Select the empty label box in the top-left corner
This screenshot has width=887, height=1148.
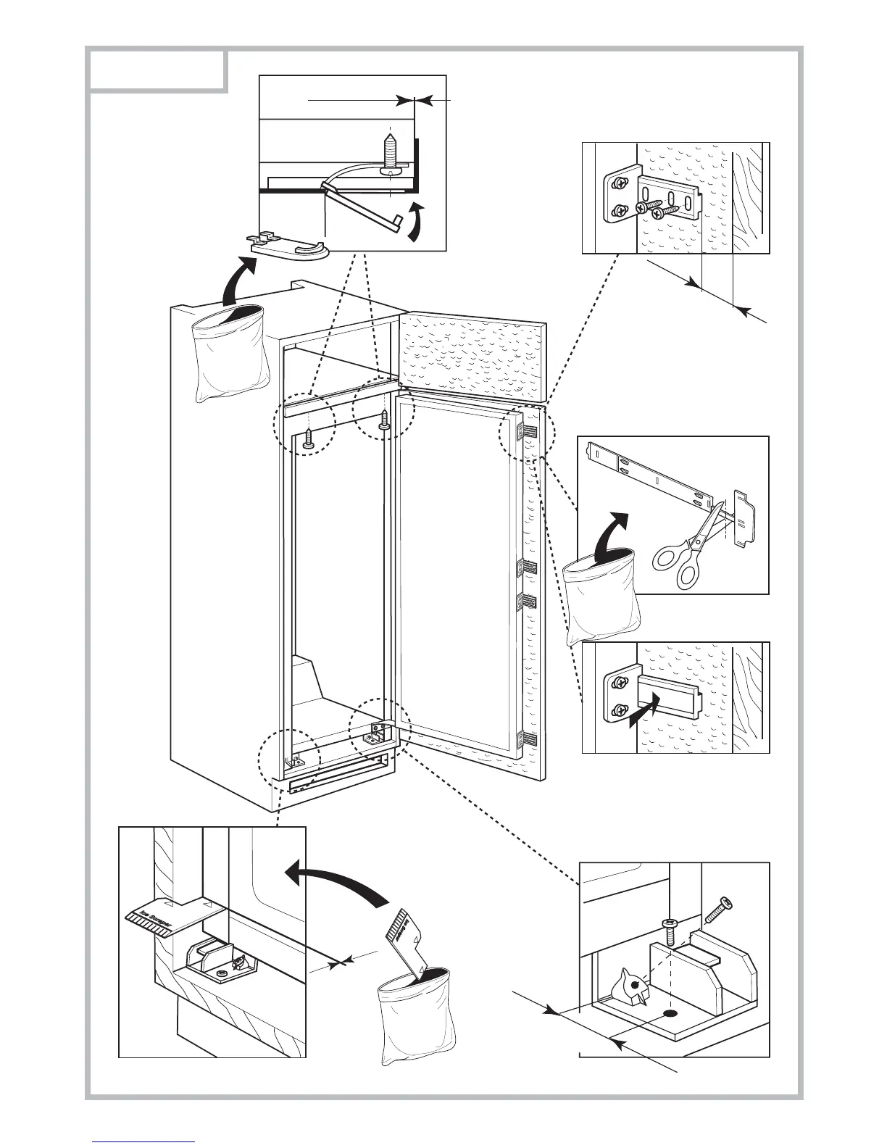(x=155, y=70)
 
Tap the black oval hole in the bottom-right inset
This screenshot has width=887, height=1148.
(x=669, y=1013)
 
